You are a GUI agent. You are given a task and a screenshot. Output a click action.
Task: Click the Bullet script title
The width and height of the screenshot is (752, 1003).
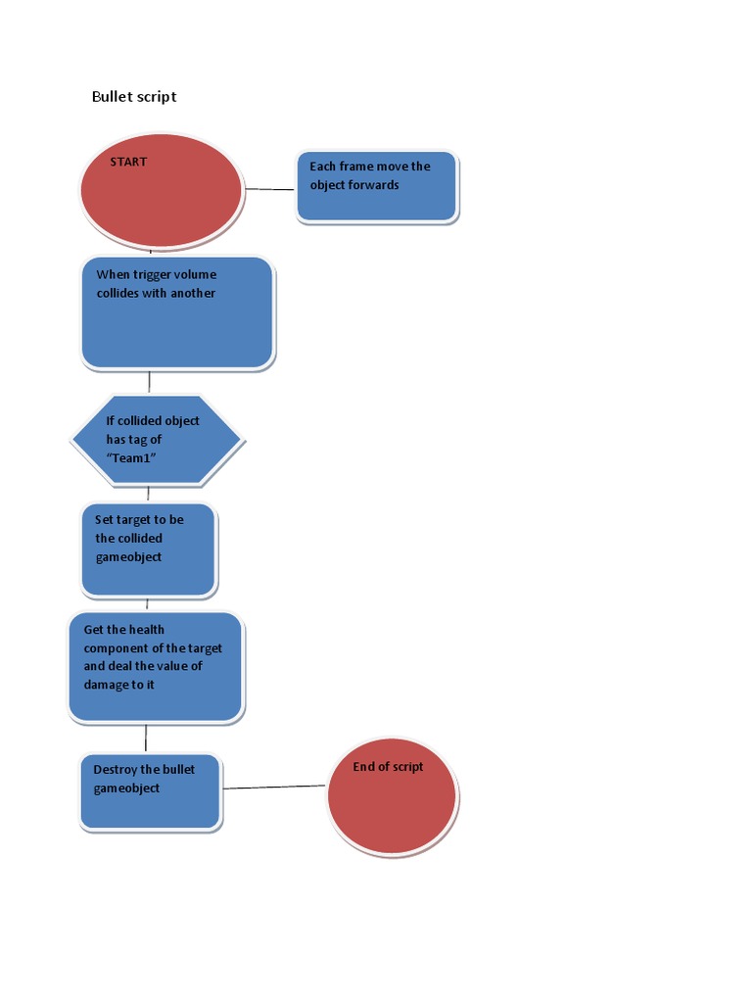click(134, 96)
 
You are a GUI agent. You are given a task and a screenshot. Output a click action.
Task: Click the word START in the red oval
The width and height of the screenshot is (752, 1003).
click(128, 162)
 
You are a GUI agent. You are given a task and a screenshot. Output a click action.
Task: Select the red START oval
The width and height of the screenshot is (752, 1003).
click(162, 201)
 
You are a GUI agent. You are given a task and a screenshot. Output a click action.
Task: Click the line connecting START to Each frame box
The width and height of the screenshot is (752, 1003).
click(270, 188)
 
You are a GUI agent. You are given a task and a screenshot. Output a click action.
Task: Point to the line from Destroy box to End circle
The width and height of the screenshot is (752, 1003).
click(274, 787)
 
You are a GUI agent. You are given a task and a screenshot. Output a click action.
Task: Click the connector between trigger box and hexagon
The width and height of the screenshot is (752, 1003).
click(149, 382)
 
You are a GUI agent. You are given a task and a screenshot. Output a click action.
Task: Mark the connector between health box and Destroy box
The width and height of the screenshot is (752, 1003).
click(146, 738)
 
